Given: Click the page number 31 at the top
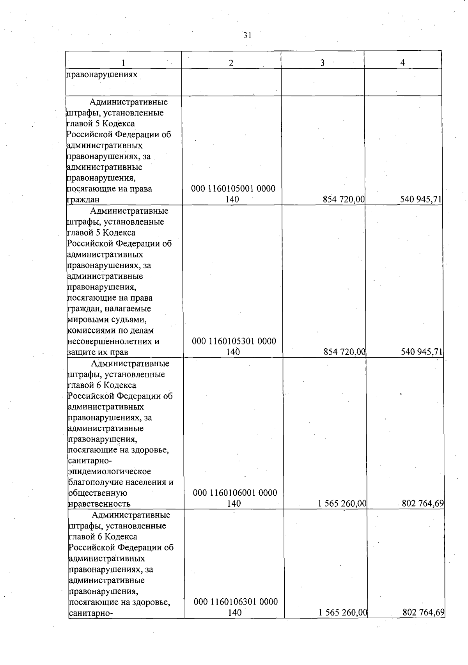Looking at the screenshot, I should pyautogui.click(x=247, y=35).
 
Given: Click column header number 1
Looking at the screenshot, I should pyautogui.click(x=123, y=63).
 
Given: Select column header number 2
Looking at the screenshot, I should pyautogui.click(x=231, y=63).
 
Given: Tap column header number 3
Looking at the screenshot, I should pyautogui.click(x=323, y=63).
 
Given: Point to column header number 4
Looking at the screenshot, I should pyautogui.click(x=402, y=62).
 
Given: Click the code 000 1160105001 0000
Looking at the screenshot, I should pyautogui.click(x=233, y=189).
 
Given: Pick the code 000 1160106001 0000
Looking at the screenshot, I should pyautogui.click(x=235, y=493).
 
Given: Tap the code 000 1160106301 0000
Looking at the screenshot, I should pyautogui.click(x=236, y=602).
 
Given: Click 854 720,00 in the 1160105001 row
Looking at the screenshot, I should pyautogui.click(x=343, y=200).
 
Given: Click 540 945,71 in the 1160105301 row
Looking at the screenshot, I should pyautogui.click(x=422, y=352).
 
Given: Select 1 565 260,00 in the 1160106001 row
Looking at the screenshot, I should pyautogui.click(x=342, y=504).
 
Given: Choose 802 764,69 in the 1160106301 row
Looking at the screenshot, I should pyautogui.click(x=424, y=612).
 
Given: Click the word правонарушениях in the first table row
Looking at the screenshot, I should pyautogui.click(x=102, y=74).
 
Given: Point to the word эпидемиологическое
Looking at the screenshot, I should pyautogui.click(x=109, y=471).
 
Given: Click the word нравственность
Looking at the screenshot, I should pyautogui.click(x=99, y=504).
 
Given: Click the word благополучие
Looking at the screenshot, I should pyautogui.click(x=92, y=482).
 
